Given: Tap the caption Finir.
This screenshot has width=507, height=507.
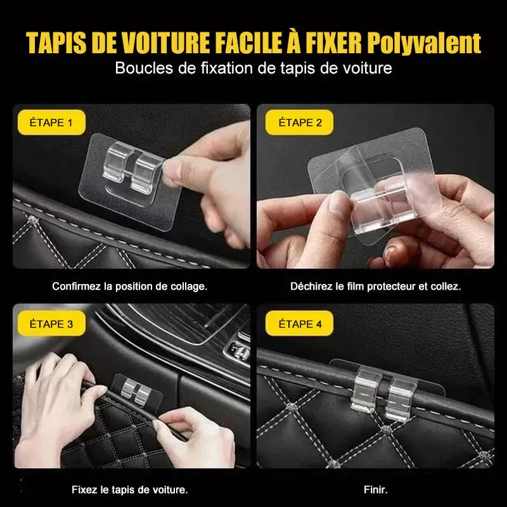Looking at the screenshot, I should coord(375,489).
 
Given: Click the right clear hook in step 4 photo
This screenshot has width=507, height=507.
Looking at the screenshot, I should coord(401,394).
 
